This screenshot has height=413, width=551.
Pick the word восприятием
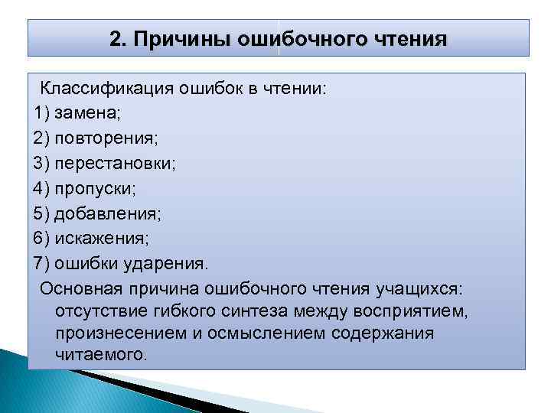pos(416,311)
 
